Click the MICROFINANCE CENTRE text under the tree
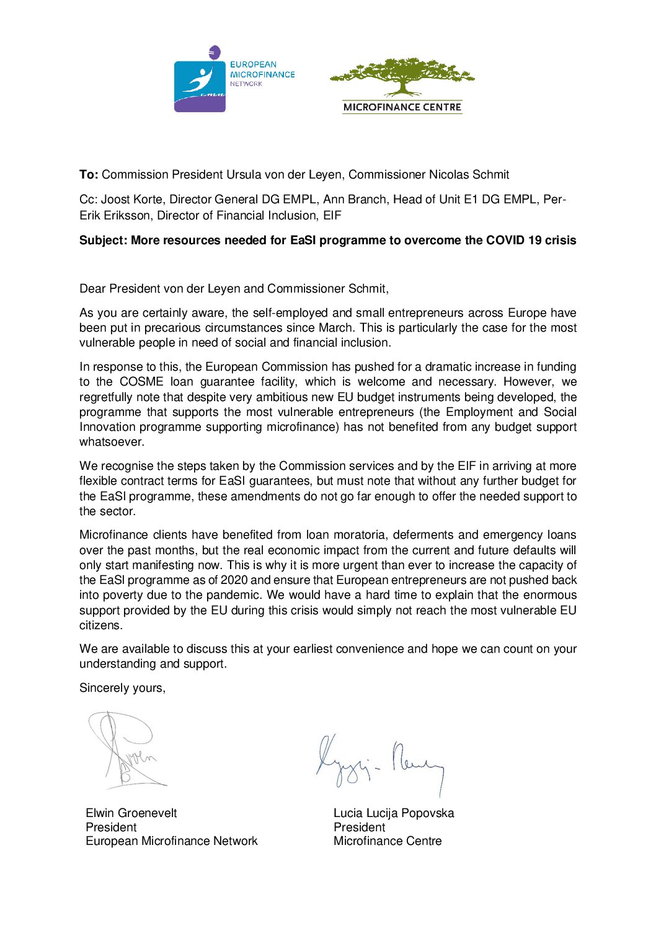coord(402,107)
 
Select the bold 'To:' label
coord(89,175)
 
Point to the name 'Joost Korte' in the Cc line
coord(132,200)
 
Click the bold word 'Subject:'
coord(103,241)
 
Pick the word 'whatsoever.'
coord(112,442)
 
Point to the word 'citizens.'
coord(101,625)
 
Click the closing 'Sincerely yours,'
coord(122,688)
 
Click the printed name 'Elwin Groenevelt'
coord(131,813)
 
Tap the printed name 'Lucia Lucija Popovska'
coord(394,813)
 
